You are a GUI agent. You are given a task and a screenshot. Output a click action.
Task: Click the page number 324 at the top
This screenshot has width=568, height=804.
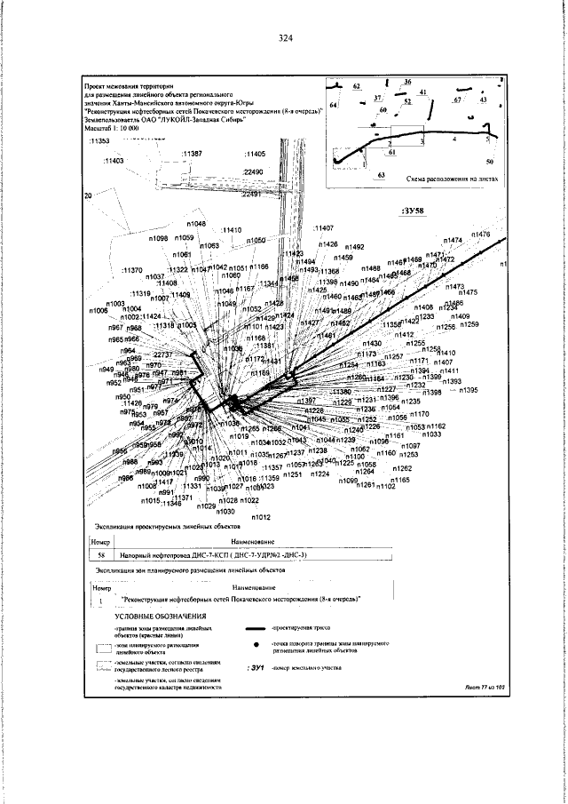coord(285,37)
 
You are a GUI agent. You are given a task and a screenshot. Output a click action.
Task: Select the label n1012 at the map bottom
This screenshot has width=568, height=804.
coord(261,516)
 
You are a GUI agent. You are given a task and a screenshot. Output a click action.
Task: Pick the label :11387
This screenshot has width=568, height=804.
coord(196,154)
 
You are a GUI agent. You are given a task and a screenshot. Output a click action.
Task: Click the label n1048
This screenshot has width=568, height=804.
coord(196,224)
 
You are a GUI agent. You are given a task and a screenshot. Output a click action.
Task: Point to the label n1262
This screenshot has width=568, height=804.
coord(402,468)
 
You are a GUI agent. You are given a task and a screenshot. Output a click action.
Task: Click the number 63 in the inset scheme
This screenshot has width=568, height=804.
coord(381,177)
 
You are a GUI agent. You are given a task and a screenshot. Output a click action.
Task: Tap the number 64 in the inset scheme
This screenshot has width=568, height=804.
coord(333,106)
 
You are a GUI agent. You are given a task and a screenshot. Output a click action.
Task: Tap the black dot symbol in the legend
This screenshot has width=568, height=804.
coord(256,643)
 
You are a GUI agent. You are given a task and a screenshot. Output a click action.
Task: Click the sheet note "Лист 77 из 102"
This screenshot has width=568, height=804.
coord(483,687)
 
